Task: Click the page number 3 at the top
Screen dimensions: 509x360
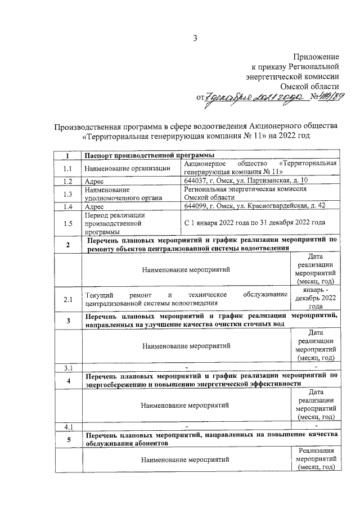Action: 195,38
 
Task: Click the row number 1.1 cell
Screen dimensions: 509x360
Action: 68,168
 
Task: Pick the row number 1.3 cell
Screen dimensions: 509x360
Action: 68,194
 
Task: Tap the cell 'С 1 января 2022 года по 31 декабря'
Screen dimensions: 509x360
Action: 254,223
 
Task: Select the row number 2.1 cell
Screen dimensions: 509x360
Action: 68,299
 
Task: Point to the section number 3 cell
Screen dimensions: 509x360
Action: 68,321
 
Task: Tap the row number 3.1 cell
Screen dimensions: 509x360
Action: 68,367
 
